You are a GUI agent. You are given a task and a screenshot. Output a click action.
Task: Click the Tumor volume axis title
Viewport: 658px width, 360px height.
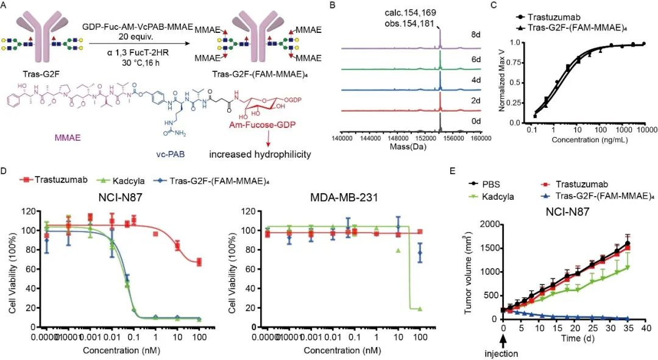point(469,272)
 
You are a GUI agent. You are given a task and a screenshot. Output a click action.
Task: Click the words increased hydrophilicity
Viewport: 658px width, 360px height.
point(268,154)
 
